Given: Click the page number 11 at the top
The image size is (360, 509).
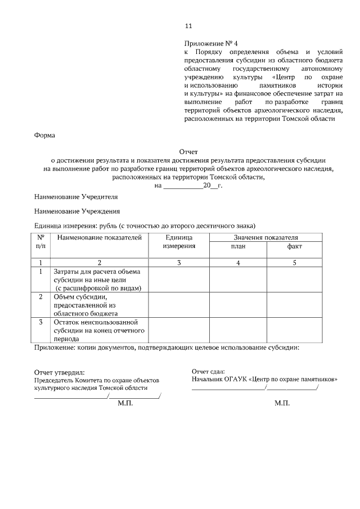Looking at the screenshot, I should [x=188, y=26].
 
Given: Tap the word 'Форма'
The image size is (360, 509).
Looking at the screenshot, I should [x=45, y=136].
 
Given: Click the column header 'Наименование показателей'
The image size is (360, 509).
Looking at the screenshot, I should [x=100, y=238].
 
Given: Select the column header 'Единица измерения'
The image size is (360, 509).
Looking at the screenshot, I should [x=179, y=242].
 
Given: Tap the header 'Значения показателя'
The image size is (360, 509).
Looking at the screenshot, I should [x=266, y=237].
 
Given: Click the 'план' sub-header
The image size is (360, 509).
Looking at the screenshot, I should [x=238, y=246].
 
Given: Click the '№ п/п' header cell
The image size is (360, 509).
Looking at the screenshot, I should [x=40, y=242].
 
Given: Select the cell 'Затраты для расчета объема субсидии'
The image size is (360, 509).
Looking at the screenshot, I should [x=96, y=280].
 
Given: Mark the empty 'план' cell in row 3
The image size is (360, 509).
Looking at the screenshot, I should [x=238, y=330].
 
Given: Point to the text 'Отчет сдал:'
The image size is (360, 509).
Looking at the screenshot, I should [x=208, y=371].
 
